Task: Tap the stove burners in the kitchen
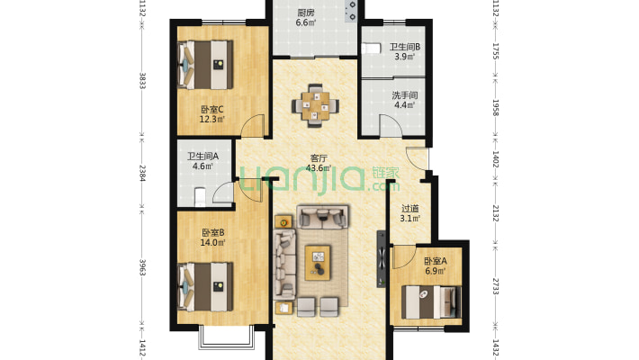coord(351,11)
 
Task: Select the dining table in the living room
coord(315,105)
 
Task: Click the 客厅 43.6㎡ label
coord(319,163)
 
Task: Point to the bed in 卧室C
coord(205,65)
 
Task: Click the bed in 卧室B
coord(205,286)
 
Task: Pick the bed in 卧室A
coord(431,302)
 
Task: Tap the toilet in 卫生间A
coord(200,196)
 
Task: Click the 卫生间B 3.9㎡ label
coord(404,52)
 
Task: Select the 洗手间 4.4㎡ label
coord(404,100)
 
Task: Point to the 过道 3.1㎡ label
coord(409,213)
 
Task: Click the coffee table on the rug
coord(318,263)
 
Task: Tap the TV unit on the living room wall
coord(382,259)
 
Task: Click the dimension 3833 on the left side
coord(142,80)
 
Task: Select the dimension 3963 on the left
coord(142,267)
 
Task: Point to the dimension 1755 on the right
coord(496,51)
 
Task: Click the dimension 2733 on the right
coord(496,286)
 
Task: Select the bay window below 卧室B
coord(226,337)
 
